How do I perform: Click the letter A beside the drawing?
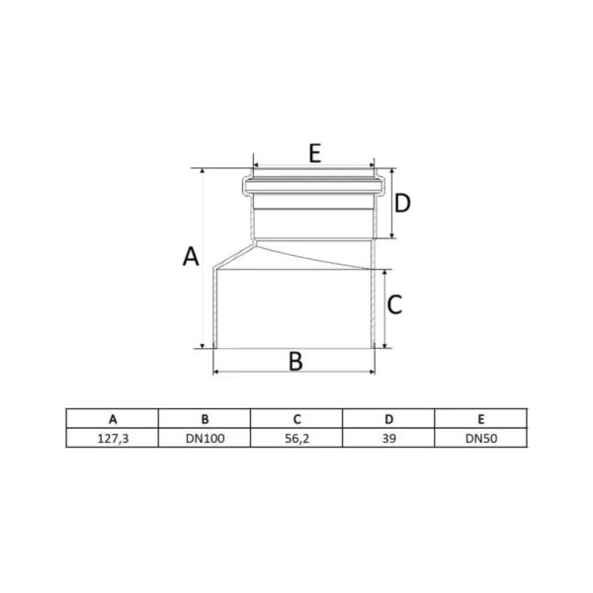click(x=191, y=256)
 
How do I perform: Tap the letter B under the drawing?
click(x=296, y=361)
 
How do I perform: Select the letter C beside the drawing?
click(x=394, y=304)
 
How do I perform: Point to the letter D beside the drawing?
click(x=402, y=203)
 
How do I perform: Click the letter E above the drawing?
click(x=314, y=153)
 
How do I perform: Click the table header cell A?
click(x=113, y=419)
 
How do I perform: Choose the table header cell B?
click(x=205, y=419)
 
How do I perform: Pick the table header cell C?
click(x=296, y=419)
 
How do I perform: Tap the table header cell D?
click(x=388, y=419)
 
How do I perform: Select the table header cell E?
click(x=481, y=419)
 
